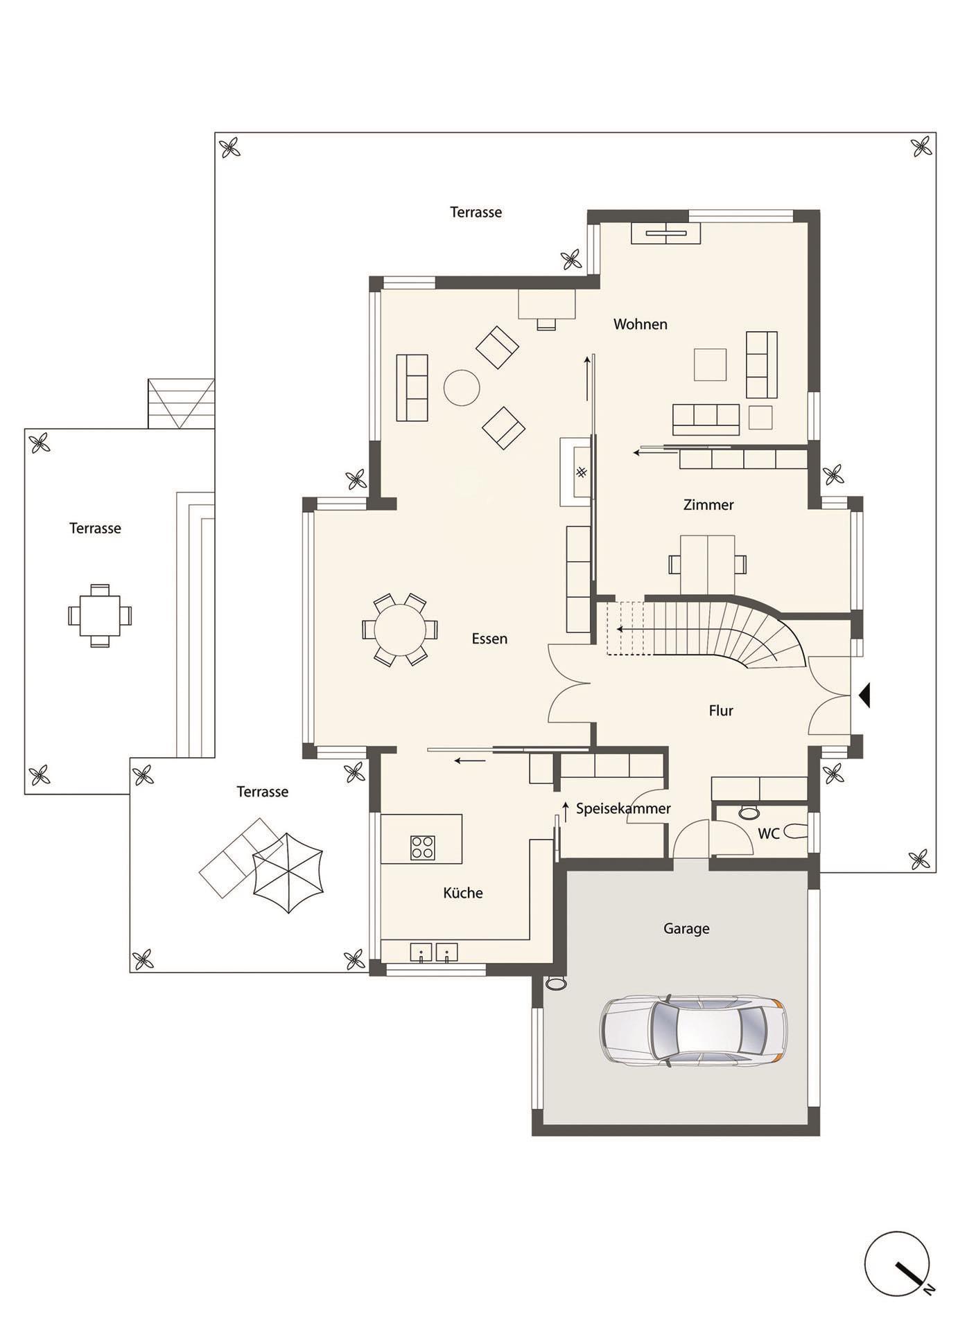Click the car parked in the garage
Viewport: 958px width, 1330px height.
pyautogui.click(x=693, y=1030)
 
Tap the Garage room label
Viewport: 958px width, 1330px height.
pyautogui.click(x=686, y=929)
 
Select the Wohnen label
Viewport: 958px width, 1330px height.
pyautogui.click(x=640, y=324)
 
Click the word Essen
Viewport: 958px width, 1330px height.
pyautogui.click(x=489, y=639)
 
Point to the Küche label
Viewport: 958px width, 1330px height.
pyautogui.click(x=462, y=893)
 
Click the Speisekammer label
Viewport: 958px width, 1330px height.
pyautogui.click(x=623, y=808)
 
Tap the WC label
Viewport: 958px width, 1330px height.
pyautogui.click(x=769, y=834)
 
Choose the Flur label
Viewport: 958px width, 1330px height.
pyautogui.click(x=721, y=711)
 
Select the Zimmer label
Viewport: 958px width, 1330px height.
pyautogui.click(x=708, y=505)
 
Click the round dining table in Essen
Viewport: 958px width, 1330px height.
pyautogui.click(x=400, y=630)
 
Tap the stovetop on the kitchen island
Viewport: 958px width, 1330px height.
pyautogui.click(x=422, y=847)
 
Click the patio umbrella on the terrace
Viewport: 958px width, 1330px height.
pyautogui.click(x=288, y=873)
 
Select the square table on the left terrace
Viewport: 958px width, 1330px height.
pyautogui.click(x=100, y=615)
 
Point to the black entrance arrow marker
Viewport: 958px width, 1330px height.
pyautogui.click(x=864, y=695)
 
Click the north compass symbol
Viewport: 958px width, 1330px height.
pyautogui.click(x=898, y=1263)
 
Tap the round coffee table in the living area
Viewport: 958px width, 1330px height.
pyautogui.click(x=462, y=387)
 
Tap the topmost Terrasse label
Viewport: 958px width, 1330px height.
pyautogui.click(x=476, y=213)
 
